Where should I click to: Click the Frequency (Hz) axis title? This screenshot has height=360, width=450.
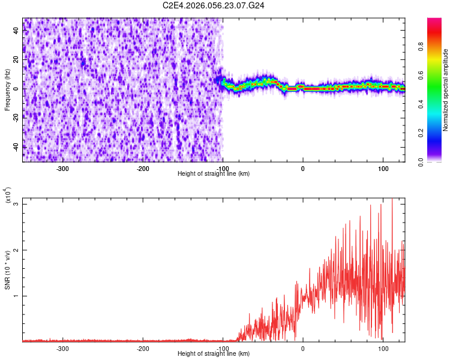(8, 90)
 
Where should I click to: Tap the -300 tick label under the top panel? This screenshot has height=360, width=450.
(62, 168)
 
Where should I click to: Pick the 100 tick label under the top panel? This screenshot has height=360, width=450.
(383, 168)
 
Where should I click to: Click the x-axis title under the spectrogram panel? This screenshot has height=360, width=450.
(214, 174)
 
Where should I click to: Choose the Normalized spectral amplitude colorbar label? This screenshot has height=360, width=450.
(446, 90)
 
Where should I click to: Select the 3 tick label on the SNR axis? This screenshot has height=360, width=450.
(17, 204)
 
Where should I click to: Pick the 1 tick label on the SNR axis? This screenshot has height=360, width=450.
(17, 296)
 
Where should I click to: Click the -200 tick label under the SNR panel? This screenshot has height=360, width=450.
(143, 348)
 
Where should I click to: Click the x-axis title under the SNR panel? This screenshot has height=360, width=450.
(214, 354)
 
